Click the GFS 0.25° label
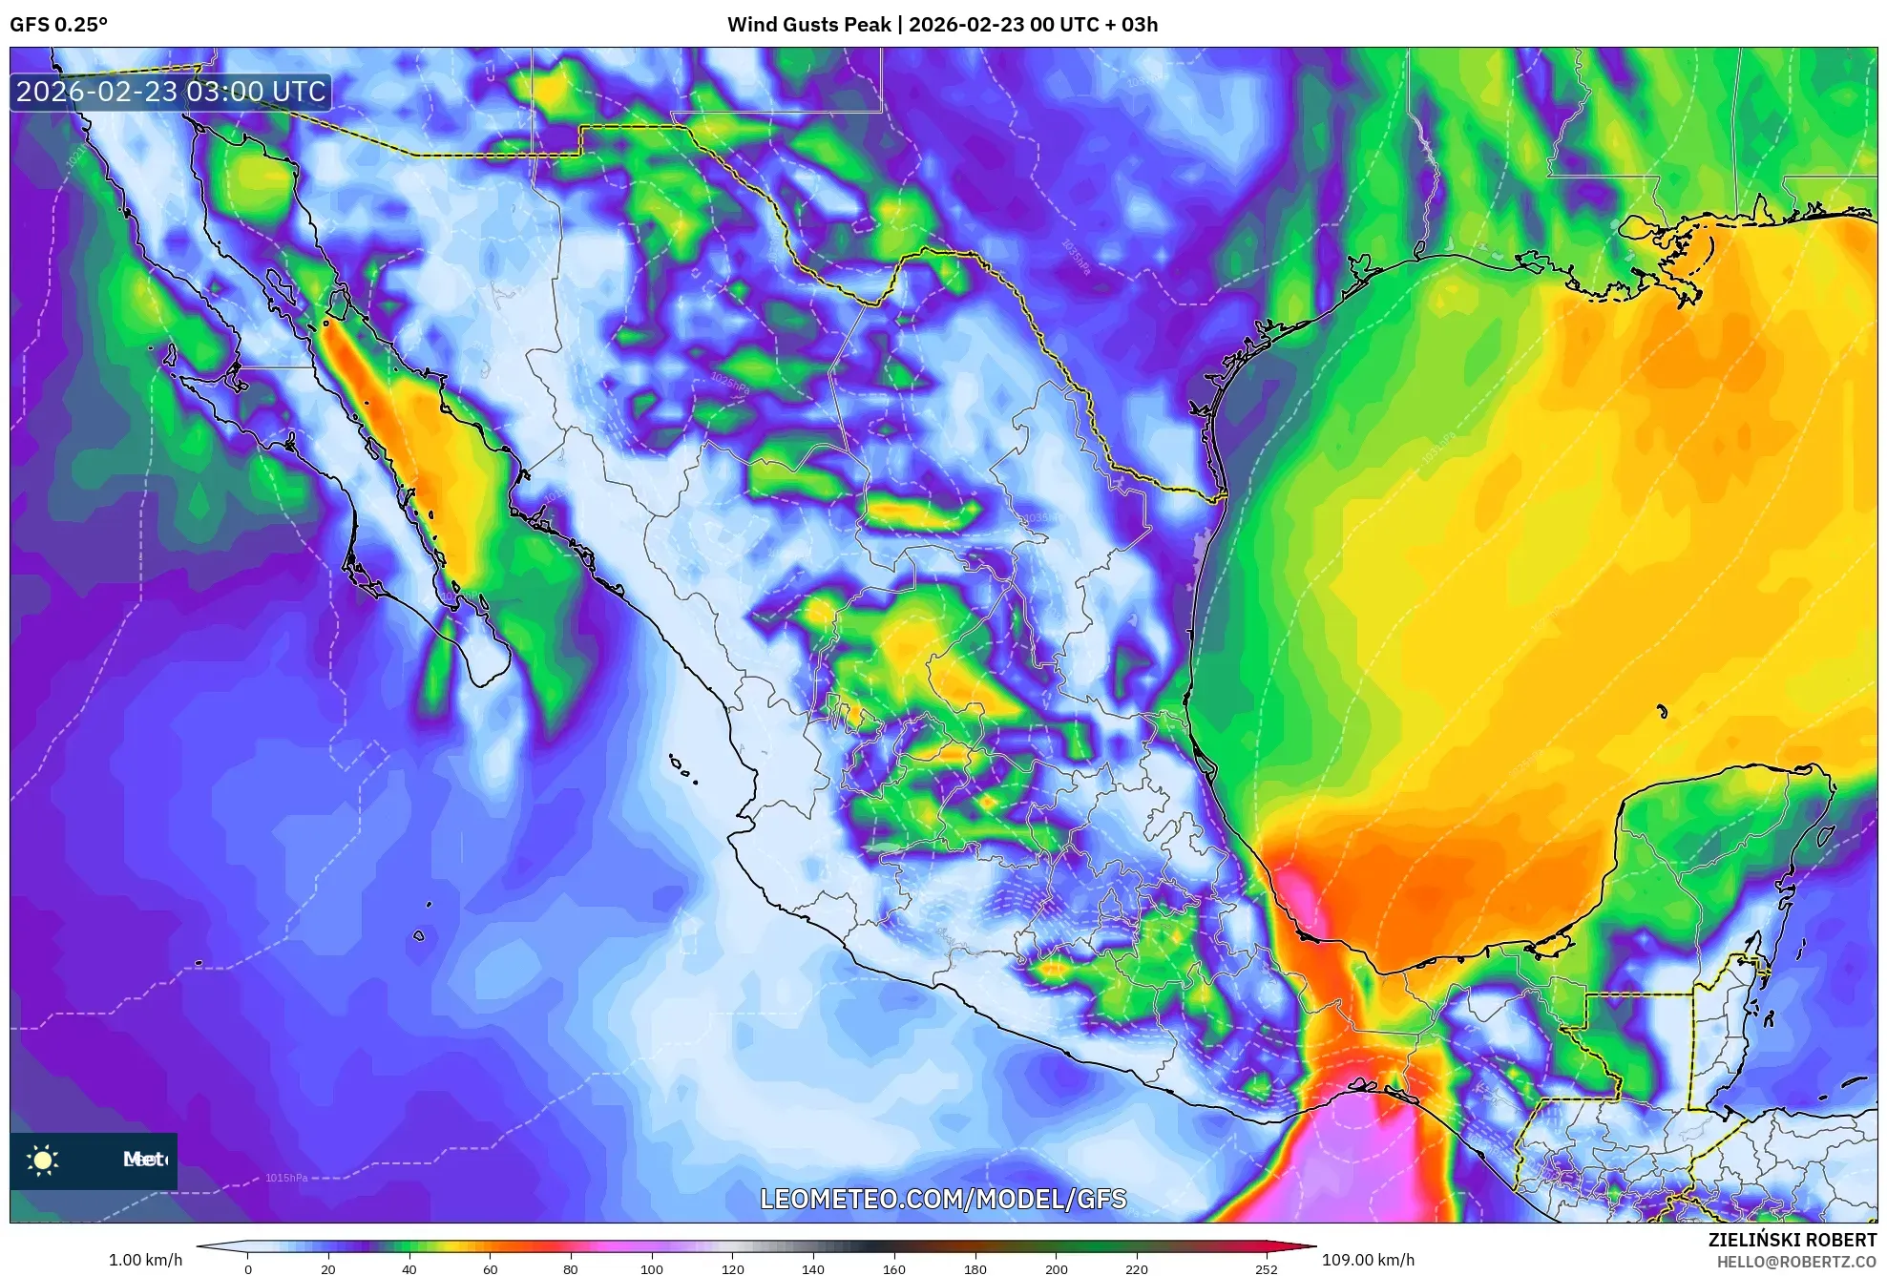click(x=58, y=25)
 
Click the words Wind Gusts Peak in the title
click(x=808, y=25)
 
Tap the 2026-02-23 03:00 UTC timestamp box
click(x=171, y=93)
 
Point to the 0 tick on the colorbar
click(x=248, y=1268)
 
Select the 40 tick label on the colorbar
click(x=409, y=1268)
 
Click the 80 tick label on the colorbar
click(x=570, y=1268)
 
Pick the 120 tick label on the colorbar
click(x=732, y=1268)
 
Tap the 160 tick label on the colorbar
click(x=893, y=1268)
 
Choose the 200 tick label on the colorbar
click(x=1056, y=1268)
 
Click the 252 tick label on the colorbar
click(x=1266, y=1268)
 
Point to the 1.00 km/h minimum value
click(x=145, y=1260)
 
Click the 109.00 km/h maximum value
click(x=1368, y=1260)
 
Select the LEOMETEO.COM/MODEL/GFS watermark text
click(x=943, y=1199)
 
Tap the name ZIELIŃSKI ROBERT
click(x=1792, y=1240)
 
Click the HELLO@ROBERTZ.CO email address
click(x=1796, y=1262)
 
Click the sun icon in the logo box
click(x=43, y=1160)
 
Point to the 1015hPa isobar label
click(x=286, y=1178)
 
